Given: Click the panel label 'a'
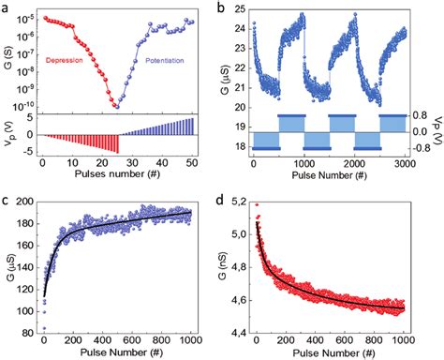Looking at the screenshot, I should tap(7, 7).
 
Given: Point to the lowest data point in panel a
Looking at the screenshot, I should tap(116, 106).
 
